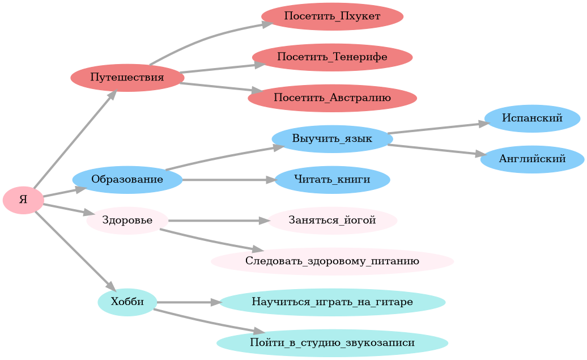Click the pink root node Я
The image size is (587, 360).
point(23,200)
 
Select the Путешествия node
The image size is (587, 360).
point(127,78)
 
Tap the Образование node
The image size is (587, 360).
point(127,180)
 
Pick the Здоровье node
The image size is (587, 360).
point(127,221)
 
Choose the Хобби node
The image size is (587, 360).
point(127,302)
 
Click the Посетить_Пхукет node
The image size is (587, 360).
point(332,16)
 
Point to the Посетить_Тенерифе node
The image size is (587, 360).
point(332,57)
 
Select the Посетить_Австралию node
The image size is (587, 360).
point(332,98)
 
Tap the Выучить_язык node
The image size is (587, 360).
point(332,139)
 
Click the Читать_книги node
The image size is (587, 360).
point(332,180)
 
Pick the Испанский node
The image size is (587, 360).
point(532,118)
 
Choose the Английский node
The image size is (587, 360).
point(532,159)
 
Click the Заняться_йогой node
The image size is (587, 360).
point(332,221)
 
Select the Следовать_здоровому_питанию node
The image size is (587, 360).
point(332,261)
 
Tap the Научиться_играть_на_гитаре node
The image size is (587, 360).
point(332,302)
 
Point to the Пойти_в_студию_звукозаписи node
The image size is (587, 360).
point(332,343)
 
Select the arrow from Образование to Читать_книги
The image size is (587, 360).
point(227,180)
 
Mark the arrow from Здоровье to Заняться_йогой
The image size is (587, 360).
point(215,221)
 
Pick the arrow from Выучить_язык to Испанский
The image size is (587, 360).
point(436,128)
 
